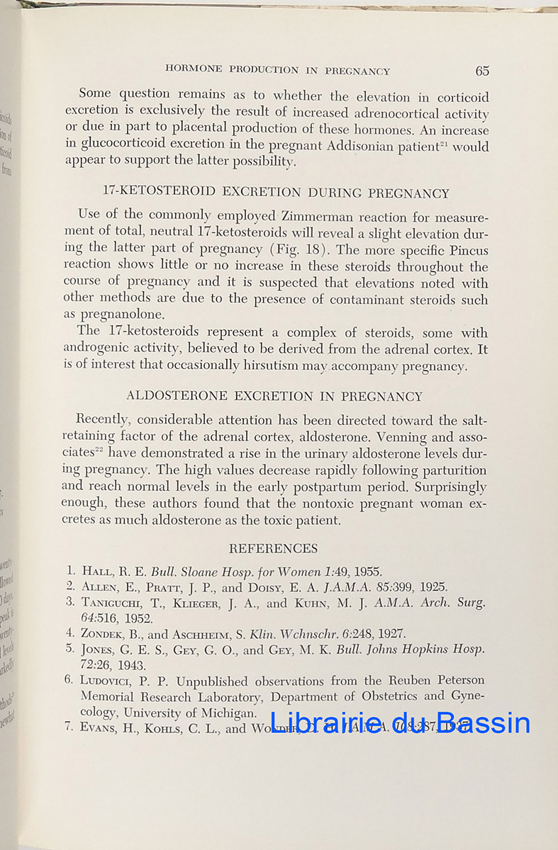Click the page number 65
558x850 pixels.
[x=482, y=71]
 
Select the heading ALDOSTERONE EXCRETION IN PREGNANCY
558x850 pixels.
[x=274, y=397]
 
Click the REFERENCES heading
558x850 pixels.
[x=273, y=549]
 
